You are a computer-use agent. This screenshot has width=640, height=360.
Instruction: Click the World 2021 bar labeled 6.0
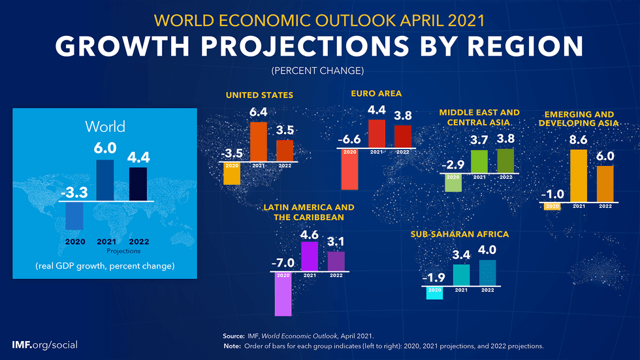tap(105, 180)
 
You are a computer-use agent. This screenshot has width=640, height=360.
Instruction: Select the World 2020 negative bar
tap(74, 216)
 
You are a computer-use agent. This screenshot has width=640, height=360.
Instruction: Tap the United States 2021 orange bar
tap(259, 141)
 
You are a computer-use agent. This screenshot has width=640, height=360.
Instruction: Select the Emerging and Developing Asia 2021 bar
tap(579, 175)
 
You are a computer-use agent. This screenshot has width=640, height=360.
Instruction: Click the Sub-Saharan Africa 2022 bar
tap(487, 272)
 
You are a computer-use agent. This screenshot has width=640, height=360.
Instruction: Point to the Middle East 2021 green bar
tap(479, 161)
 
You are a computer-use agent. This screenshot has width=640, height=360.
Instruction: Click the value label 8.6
tap(578, 140)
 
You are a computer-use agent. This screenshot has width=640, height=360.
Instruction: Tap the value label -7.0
tap(282, 263)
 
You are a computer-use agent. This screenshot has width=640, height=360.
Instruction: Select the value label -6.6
tap(349, 139)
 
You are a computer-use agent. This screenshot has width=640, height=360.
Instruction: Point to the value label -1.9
tap(434, 278)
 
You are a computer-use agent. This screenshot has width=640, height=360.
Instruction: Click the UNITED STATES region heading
tap(259, 95)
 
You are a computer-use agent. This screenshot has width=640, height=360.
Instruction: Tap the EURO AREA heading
tap(376, 93)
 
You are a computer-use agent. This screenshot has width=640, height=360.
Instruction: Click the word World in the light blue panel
tap(105, 126)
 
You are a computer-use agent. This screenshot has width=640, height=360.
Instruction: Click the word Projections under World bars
tap(123, 250)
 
